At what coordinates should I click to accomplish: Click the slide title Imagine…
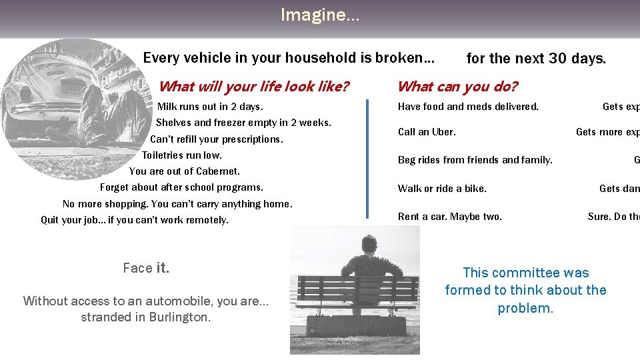319,15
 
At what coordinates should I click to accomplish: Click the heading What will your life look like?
253,86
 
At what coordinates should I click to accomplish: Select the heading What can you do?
457,86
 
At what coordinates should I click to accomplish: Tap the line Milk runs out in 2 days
210,107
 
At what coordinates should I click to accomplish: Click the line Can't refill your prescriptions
216,139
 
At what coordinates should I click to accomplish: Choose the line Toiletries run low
181,155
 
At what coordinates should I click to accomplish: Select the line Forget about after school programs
181,187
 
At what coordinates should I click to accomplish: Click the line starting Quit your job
134,220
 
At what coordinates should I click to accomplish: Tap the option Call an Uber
427,132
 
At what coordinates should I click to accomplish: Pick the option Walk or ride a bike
442,189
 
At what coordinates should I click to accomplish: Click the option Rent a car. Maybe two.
449,217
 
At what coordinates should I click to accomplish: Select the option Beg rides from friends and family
475,160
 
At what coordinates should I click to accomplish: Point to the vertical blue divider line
367,158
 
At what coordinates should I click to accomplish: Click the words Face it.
146,268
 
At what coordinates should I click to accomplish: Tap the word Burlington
179,317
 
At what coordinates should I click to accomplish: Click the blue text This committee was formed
525,290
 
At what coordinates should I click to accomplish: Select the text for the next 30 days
536,59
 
